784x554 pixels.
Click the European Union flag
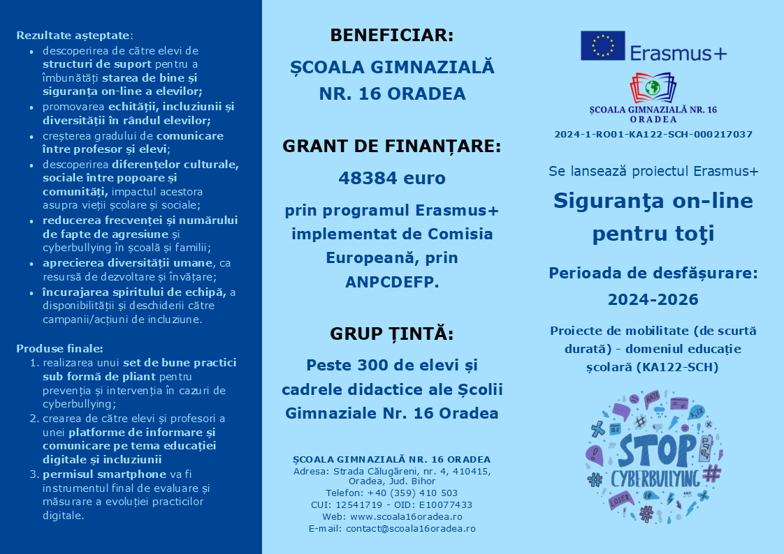602,46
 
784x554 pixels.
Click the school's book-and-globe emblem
653,88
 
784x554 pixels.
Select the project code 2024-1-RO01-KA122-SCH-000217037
653,134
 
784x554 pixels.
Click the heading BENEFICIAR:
391,36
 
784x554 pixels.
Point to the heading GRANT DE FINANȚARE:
391,147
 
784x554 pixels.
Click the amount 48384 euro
391,178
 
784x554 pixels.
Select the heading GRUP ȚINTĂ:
391,334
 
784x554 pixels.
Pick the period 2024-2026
653,299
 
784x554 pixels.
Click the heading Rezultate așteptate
73,35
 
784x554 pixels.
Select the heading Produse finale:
59,348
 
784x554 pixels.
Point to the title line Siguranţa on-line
653,201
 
